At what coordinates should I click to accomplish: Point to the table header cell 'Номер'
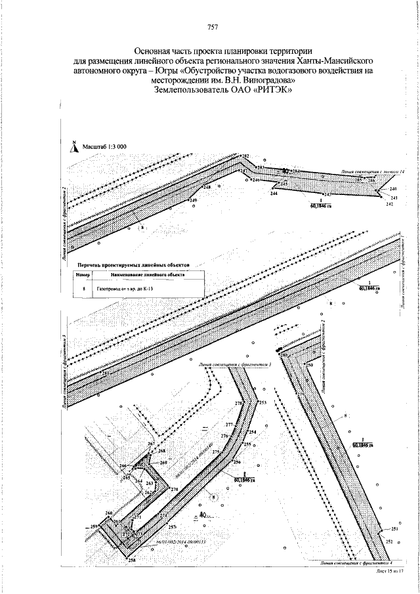tap(83, 275)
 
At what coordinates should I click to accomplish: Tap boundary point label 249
tap(193, 200)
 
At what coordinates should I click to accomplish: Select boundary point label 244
tap(273, 194)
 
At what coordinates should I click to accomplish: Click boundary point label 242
tap(389, 205)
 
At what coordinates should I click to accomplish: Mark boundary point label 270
tap(174, 490)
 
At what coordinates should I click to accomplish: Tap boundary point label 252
tap(388, 541)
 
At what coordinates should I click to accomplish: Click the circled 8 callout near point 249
tap(142, 226)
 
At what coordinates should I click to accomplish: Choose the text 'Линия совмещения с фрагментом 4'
tap(356, 563)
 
